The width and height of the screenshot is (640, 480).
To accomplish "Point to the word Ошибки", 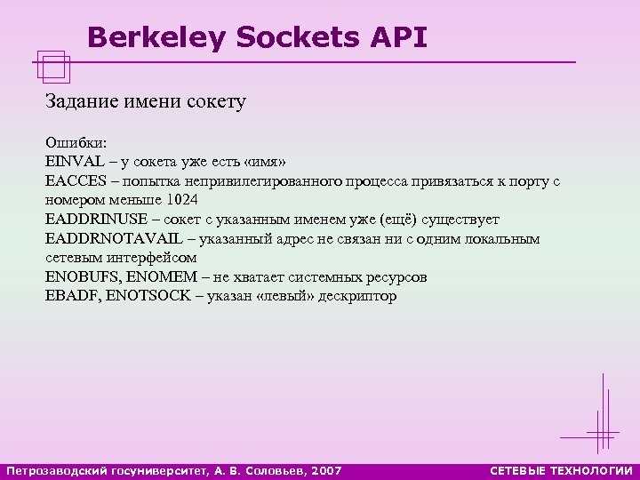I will [74, 143].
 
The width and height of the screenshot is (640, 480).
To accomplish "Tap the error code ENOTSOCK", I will [148, 296].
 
